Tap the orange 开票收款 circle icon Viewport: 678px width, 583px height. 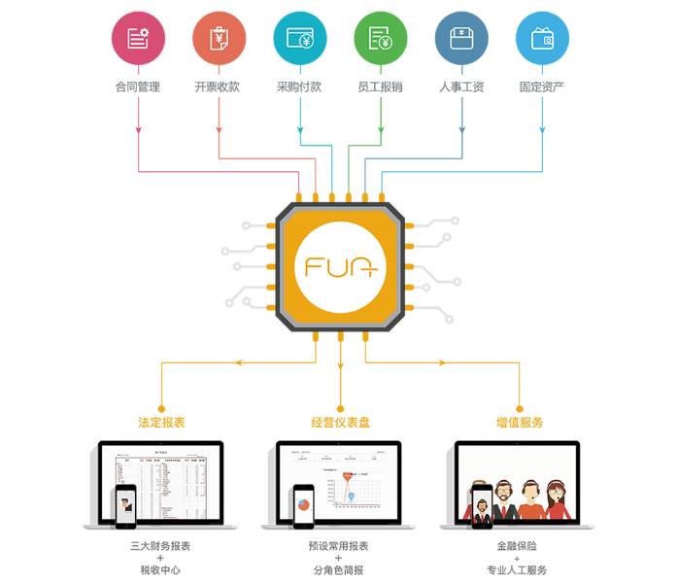click(219, 38)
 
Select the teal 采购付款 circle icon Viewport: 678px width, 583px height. click(299, 38)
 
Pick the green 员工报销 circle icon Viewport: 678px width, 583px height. click(380, 38)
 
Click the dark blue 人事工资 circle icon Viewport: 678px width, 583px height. click(461, 38)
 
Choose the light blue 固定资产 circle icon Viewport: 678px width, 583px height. click(542, 38)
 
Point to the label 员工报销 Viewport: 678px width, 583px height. click(380, 87)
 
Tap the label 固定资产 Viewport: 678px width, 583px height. click(542, 87)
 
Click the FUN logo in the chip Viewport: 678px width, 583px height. click(340, 265)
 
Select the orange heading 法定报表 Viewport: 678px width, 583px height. click(161, 423)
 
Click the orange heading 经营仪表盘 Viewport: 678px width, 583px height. click(340, 423)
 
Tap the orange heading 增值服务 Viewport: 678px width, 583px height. click(520, 423)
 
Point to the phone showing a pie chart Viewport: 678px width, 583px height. click(303, 506)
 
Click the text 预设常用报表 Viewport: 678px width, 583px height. click(340, 547)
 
